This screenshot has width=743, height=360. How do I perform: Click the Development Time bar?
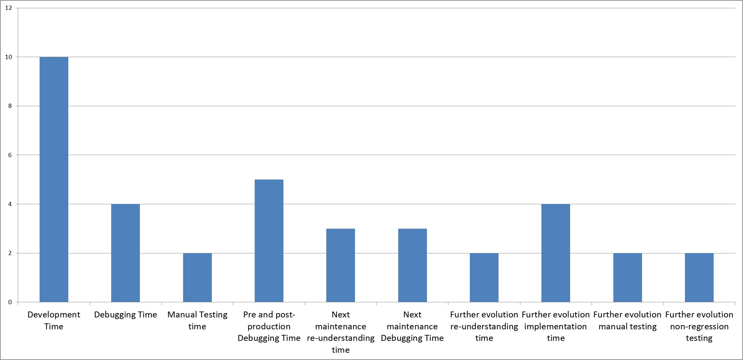pyautogui.click(x=54, y=180)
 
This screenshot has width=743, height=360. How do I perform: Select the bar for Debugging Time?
pyautogui.click(x=125, y=253)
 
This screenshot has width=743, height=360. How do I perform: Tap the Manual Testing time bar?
pyautogui.click(x=197, y=278)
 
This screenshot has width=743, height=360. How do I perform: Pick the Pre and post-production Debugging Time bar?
pyautogui.click(x=269, y=241)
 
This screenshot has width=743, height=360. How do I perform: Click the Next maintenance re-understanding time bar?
pyautogui.click(x=340, y=265)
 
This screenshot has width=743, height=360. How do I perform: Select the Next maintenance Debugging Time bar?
pyautogui.click(x=412, y=265)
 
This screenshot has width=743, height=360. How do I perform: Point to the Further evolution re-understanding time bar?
pyautogui.click(x=484, y=278)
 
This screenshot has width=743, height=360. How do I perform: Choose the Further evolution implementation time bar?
pyautogui.click(x=556, y=253)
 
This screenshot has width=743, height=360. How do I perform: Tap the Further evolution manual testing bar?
pyautogui.click(x=628, y=278)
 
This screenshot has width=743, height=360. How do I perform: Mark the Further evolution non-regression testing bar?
pyautogui.click(x=699, y=278)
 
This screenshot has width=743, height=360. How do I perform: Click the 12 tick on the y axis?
pyautogui.click(x=9, y=8)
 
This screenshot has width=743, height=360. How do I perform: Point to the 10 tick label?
pyautogui.click(x=9, y=57)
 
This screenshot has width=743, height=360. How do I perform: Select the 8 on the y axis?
pyautogui.click(x=10, y=106)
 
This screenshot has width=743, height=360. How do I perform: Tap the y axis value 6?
pyautogui.click(x=10, y=155)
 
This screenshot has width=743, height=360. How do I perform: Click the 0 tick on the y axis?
pyautogui.click(x=10, y=302)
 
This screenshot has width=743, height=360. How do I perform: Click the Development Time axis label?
pyautogui.click(x=54, y=320)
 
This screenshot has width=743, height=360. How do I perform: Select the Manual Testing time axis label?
pyautogui.click(x=197, y=320)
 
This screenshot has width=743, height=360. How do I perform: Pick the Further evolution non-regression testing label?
pyautogui.click(x=699, y=326)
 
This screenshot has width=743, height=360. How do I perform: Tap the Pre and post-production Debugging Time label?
pyautogui.click(x=269, y=326)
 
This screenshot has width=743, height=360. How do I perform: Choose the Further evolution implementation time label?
pyautogui.click(x=556, y=326)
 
